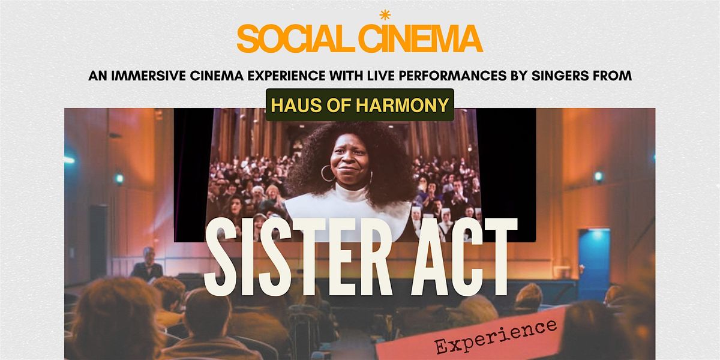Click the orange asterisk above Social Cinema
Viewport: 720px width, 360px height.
click(385, 15)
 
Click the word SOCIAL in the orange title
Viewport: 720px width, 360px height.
click(296, 38)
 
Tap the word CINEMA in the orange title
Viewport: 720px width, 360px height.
click(421, 38)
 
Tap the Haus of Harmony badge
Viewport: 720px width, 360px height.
click(360, 105)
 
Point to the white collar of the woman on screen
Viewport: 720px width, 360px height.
click(348, 209)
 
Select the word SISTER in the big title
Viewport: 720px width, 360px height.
click(298, 257)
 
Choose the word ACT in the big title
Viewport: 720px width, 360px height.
click(464, 257)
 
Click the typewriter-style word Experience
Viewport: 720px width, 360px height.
click(496, 336)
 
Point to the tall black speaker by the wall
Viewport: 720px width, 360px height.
click(98, 242)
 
